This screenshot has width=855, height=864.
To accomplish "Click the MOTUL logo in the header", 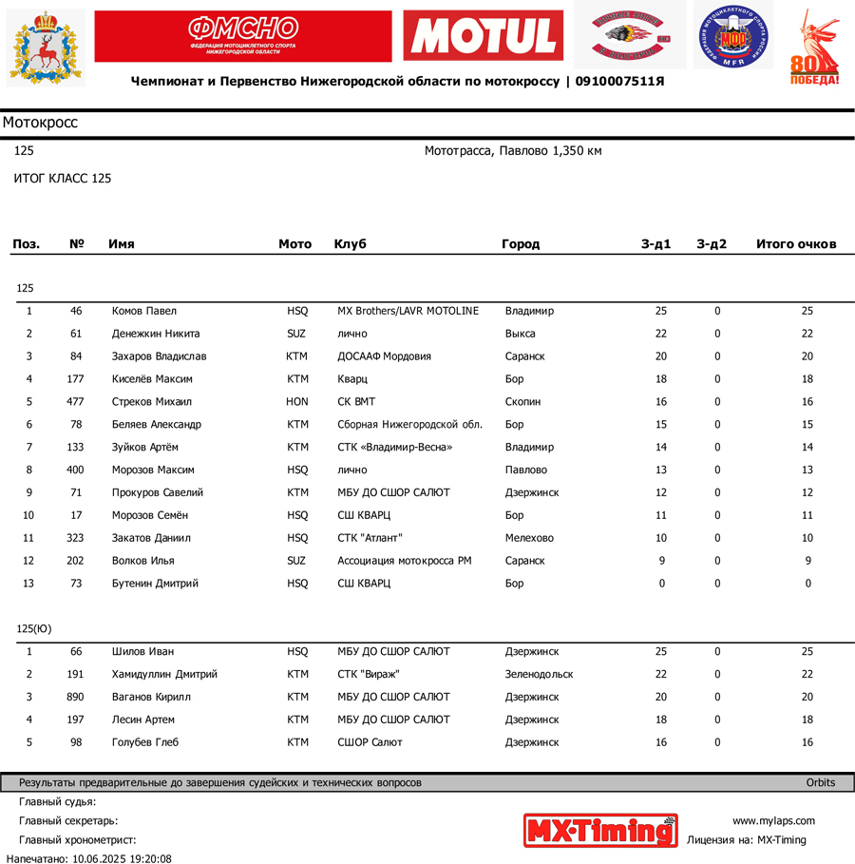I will [483, 36].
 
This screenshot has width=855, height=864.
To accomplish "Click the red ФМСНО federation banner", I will [242, 36].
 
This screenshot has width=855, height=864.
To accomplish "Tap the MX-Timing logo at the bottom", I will [600, 830].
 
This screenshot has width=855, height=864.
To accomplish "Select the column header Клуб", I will [350, 244].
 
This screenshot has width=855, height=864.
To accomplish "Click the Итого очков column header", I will [796, 244].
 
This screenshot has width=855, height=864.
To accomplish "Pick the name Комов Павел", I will [144, 311].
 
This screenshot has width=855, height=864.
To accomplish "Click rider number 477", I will [75, 402].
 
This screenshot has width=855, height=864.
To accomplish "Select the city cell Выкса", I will [521, 334].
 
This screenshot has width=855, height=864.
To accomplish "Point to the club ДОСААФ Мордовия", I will [384, 356].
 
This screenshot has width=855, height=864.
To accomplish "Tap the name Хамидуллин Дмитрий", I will [164, 675].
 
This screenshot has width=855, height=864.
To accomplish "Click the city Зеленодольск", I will [539, 675].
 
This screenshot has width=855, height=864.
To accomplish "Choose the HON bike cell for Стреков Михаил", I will [297, 402].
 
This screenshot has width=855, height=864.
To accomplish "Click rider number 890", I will [75, 698].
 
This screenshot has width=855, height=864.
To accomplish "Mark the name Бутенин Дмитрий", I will [155, 584].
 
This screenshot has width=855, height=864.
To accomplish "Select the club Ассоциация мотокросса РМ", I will [404, 561].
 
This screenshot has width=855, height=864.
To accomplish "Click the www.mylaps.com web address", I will [773, 821].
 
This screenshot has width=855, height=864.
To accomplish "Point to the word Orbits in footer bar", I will [820, 783].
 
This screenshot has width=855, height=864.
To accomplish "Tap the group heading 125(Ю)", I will [34, 629].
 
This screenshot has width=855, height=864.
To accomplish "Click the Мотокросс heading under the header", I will [40, 123].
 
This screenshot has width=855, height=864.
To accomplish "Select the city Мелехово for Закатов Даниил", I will [529, 538].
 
